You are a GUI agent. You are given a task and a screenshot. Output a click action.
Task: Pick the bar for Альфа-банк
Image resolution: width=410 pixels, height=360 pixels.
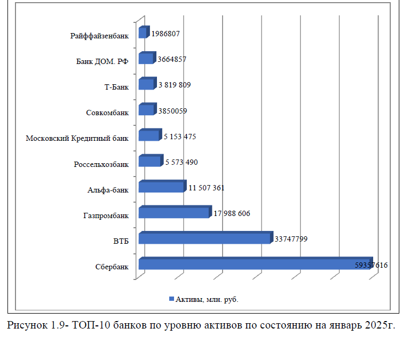161,187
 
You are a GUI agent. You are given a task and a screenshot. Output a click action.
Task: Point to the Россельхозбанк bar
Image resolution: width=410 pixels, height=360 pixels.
149,162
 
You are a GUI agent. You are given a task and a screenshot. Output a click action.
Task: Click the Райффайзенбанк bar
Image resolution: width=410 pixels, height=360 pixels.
142,34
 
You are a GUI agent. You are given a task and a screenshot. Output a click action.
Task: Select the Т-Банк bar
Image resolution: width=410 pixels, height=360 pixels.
146,85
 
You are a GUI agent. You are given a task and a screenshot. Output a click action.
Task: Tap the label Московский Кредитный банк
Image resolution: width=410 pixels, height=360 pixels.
77,138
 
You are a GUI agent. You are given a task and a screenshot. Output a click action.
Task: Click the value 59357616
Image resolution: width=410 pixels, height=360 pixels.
371,265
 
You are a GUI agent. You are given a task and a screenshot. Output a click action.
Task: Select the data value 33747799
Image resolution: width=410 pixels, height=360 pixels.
291,239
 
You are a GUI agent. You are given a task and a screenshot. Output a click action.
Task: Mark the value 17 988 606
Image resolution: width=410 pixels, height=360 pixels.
232,213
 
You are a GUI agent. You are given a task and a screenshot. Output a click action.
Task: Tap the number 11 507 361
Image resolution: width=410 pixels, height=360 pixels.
207,188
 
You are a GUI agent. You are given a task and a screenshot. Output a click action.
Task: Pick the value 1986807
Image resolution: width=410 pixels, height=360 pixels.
165,34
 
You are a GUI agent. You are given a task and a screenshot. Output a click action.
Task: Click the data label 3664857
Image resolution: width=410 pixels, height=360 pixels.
172,59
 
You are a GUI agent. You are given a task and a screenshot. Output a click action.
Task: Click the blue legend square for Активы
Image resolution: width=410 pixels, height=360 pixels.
171,299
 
